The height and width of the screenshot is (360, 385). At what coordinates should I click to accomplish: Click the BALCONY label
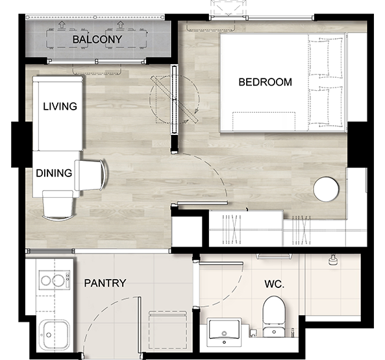pyautogui.click(x=97, y=40)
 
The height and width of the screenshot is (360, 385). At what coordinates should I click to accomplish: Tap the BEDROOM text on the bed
pyautogui.click(x=265, y=82)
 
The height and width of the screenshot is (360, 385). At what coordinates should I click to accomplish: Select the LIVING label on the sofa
pyautogui.click(x=60, y=106)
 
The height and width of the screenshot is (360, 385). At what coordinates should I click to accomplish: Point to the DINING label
pyautogui.click(x=54, y=173)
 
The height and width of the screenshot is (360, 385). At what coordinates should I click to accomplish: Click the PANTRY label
pyautogui.click(x=105, y=283)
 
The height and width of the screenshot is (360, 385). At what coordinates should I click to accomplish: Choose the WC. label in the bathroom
pyautogui.click(x=274, y=284)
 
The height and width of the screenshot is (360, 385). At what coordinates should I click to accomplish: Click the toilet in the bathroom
pyautogui.click(x=274, y=317)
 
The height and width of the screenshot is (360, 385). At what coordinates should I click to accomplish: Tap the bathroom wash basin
pyautogui.click(x=224, y=332)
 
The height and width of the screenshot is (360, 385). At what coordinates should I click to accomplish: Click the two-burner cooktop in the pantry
pyautogui.click(x=55, y=280)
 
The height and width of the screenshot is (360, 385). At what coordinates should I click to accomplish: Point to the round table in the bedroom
pyautogui.click(x=326, y=189)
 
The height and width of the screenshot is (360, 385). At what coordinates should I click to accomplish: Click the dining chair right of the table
pyautogui.click(x=90, y=175)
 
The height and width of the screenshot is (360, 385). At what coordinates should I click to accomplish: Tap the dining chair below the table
pyautogui.click(x=58, y=206)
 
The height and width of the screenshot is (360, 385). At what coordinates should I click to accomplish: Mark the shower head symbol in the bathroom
pyautogui.click(x=332, y=260)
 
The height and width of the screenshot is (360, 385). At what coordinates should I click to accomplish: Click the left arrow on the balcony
pyautogui.click(x=62, y=25)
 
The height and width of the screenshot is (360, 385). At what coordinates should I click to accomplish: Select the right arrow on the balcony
pyautogui.click(x=120, y=25)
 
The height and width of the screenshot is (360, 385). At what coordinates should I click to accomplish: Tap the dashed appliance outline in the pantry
pyautogui.click(x=168, y=330)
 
